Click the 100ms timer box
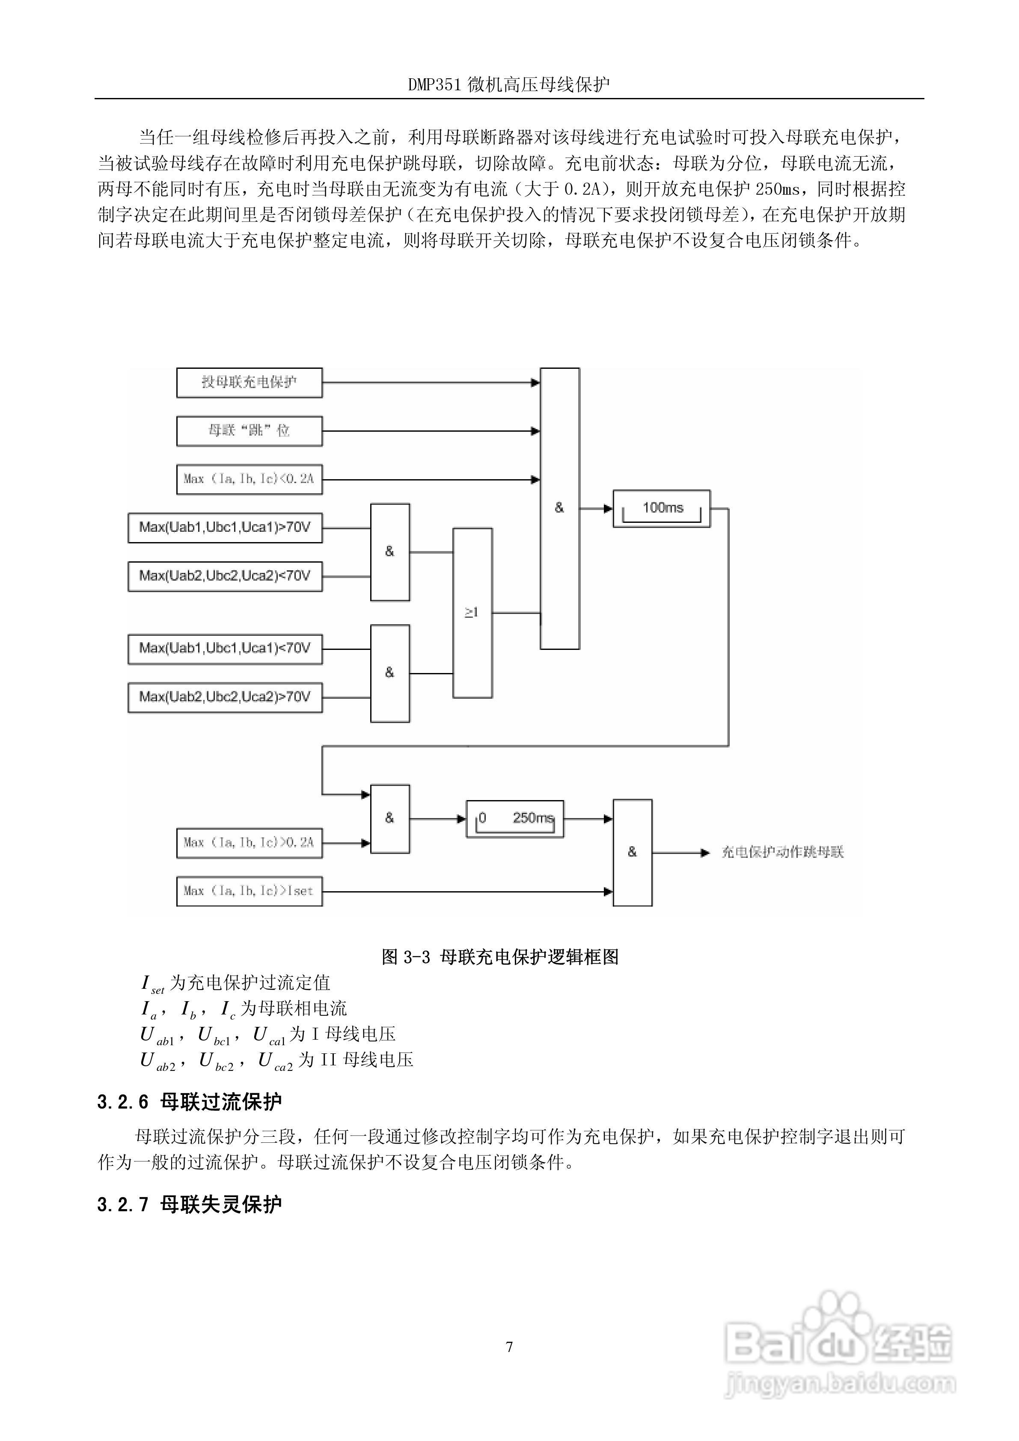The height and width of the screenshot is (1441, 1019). (x=661, y=508)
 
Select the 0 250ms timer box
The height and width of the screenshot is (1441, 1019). (x=514, y=818)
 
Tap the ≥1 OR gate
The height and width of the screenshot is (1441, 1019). (x=472, y=613)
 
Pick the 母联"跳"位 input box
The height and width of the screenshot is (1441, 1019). (x=249, y=431)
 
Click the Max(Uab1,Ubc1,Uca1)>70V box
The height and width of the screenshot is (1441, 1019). (x=225, y=528)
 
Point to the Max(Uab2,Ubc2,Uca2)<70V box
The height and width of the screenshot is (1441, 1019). (x=225, y=576)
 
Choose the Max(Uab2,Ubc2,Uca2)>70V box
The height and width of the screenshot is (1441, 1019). (x=225, y=697)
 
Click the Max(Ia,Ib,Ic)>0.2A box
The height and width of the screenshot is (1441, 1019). (x=249, y=843)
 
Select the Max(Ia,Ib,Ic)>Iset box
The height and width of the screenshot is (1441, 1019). (x=249, y=891)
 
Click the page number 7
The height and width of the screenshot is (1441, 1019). (x=509, y=1347)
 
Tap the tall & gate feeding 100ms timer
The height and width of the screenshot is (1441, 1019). (x=559, y=508)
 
